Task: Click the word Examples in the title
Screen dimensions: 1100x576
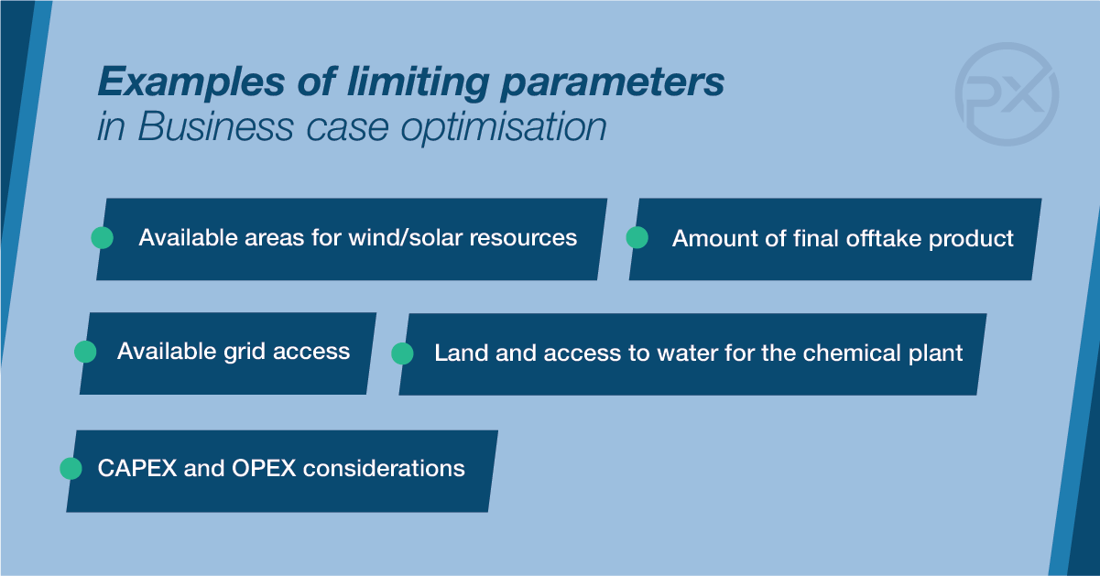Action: click(x=191, y=82)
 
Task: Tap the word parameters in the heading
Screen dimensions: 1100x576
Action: click(x=613, y=83)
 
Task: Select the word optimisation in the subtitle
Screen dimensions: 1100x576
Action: click(x=504, y=127)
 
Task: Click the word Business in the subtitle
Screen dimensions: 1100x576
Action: click(x=215, y=125)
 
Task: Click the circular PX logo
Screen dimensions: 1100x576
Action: click(x=1007, y=93)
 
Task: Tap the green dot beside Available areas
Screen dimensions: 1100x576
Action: click(x=103, y=238)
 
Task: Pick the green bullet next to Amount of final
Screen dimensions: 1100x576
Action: click(x=637, y=238)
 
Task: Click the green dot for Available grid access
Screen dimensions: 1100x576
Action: click(x=85, y=352)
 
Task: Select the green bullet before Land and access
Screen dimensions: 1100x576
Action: click(x=402, y=353)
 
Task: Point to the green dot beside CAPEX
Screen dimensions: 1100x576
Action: click(x=71, y=468)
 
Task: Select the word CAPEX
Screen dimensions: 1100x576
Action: click(x=137, y=468)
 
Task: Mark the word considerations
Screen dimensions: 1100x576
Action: click(x=384, y=468)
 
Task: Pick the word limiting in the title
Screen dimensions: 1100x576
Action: click(x=418, y=83)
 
